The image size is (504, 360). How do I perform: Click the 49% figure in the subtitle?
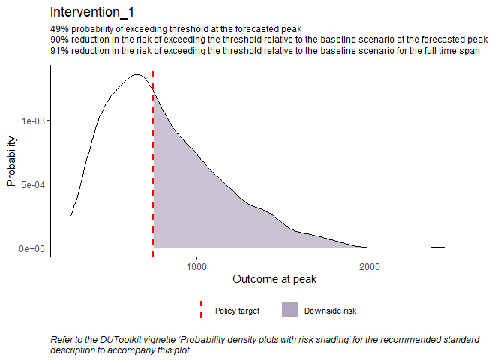(x=58, y=29)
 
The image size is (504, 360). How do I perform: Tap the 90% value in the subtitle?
(x=58, y=40)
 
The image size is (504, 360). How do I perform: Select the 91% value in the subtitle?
(x=58, y=50)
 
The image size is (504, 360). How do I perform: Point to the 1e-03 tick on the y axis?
(x=32, y=121)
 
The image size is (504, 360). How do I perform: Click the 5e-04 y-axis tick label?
(x=32, y=184)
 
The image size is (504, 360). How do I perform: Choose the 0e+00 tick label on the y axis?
(x=32, y=247)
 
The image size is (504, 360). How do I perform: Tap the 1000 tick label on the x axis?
(x=196, y=266)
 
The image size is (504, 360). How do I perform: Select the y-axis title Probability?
(x=12, y=160)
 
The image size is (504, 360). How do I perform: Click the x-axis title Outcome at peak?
(x=274, y=279)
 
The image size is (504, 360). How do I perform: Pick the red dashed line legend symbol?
(x=201, y=309)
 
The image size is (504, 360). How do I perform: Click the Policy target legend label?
(x=237, y=310)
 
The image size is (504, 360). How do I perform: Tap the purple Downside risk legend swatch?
(x=289, y=309)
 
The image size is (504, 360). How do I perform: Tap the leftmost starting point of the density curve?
(x=71, y=216)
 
